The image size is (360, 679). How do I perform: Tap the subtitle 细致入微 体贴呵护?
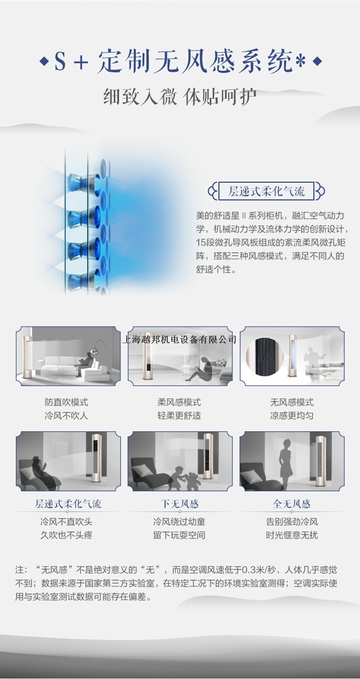point(180,97)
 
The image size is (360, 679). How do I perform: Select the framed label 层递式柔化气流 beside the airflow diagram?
point(266,191)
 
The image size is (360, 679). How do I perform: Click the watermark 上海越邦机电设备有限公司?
point(180,339)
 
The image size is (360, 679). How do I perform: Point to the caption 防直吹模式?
point(66,402)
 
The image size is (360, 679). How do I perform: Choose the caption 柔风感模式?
point(179,402)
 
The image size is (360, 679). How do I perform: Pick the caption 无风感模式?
point(292,402)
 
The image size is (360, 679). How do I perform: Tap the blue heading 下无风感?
point(179,504)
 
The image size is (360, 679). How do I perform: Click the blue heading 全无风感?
point(292,504)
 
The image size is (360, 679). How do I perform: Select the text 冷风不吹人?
point(66,416)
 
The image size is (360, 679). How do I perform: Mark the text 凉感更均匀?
point(292,416)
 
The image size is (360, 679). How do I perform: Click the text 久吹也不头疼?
point(66,535)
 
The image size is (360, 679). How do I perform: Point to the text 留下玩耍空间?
point(179,535)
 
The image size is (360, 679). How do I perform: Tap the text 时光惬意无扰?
point(292,535)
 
